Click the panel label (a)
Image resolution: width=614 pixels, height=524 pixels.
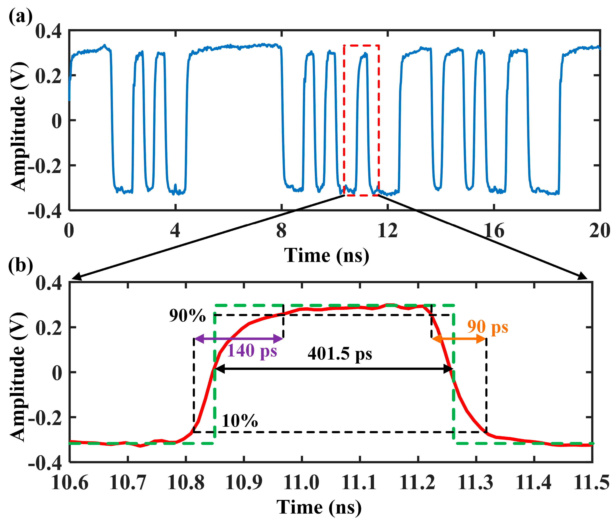point(20,17)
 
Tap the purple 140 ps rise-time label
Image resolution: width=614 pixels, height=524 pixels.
point(252,351)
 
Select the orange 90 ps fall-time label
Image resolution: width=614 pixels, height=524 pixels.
point(488,327)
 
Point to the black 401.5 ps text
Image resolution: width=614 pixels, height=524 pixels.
point(340,354)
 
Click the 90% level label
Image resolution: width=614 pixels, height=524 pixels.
point(187,316)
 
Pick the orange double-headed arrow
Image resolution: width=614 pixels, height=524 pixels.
point(459,339)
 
